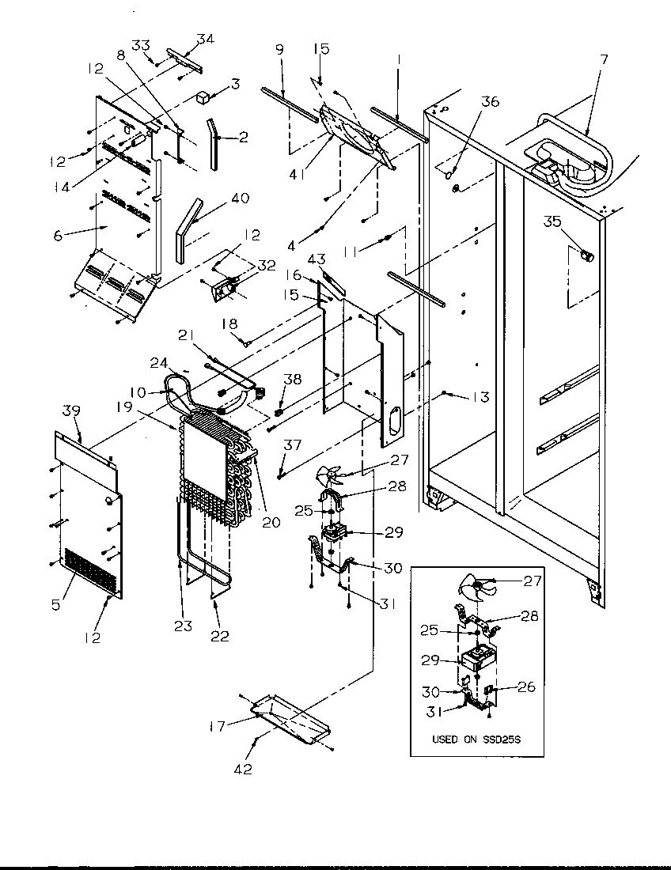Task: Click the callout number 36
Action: [491, 100]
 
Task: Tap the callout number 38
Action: [292, 379]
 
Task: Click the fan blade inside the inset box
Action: [474, 588]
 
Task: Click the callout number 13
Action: [480, 397]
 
